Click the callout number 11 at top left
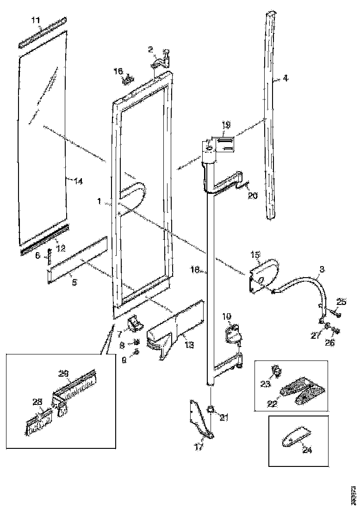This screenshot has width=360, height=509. tap(36, 19)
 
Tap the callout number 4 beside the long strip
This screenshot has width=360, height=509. tap(286, 79)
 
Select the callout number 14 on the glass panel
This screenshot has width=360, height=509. tap(78, 182)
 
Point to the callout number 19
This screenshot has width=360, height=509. tap(225, 124)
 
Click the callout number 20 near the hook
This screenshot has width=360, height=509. tap(253, 196)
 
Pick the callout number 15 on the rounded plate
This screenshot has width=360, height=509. tap(255, 255)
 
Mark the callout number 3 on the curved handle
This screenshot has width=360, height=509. tap(322, 269)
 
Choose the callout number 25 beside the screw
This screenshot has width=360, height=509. tap(341, 302)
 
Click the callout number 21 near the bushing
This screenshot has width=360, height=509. tap(224, 418)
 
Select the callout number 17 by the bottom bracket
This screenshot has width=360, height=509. tap(198, 448)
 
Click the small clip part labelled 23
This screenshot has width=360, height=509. tap(277, 371)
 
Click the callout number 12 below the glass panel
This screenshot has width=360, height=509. tap(61, 248)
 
